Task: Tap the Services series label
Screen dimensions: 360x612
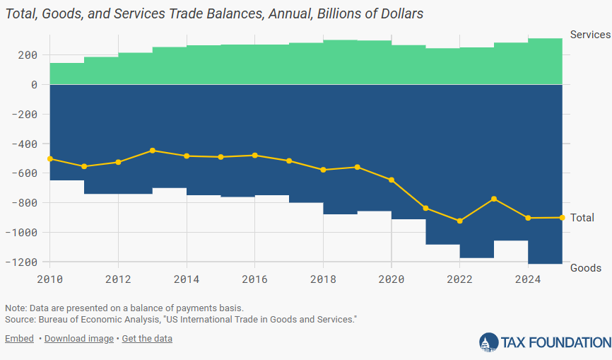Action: point(589,35)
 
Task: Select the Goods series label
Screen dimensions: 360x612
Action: point(585,267)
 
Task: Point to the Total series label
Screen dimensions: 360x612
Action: point(582,218)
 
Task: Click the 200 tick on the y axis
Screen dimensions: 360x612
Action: point(30,55)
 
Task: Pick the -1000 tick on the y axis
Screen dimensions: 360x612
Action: point(25,233)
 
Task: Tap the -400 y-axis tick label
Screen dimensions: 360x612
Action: point(28,144)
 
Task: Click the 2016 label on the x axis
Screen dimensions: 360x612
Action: point(254,279)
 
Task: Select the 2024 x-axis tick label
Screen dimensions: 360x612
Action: point(527,279)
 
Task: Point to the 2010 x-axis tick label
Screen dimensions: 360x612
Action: point(49,279)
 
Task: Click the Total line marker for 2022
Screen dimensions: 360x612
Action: point(460,221)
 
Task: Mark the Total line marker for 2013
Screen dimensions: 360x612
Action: point(153,151)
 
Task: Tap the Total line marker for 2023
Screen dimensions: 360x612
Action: point(494,199)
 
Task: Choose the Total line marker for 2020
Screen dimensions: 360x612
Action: point(392,180)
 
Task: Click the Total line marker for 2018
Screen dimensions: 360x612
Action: point(324,170)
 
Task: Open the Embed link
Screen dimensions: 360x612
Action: point(19,339)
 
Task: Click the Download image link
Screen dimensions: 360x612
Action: point(78,339)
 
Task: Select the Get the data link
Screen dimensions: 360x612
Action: point(147,339)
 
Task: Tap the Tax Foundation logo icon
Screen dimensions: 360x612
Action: point(488,342)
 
